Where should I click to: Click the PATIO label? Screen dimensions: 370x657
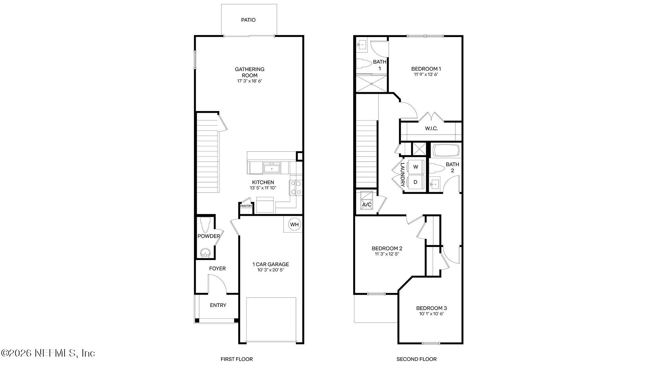(248, 20)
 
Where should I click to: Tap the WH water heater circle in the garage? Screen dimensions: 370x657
(294, 225)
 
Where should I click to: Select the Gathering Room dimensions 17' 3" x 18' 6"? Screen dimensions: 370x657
(249, 81)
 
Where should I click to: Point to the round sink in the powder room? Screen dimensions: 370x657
(205, 253)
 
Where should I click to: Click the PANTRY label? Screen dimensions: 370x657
(246, 206)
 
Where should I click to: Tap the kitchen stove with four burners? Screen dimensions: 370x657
(296, 188)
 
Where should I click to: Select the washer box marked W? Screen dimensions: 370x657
(415, 167)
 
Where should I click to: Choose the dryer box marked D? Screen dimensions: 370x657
(415, 182)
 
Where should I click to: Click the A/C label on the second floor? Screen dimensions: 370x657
(366, 205)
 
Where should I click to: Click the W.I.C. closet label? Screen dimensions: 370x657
(431, 128)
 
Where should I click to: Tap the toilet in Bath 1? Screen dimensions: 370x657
(364, 64)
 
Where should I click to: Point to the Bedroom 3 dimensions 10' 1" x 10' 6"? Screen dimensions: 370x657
(431, 314)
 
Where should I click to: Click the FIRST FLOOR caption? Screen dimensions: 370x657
(236, 359)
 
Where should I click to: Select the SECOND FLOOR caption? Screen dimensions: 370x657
(416, 359)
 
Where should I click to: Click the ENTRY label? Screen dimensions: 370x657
(218, 305)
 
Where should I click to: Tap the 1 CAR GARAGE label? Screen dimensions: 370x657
(270, 264)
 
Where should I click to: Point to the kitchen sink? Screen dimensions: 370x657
(272, 168)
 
